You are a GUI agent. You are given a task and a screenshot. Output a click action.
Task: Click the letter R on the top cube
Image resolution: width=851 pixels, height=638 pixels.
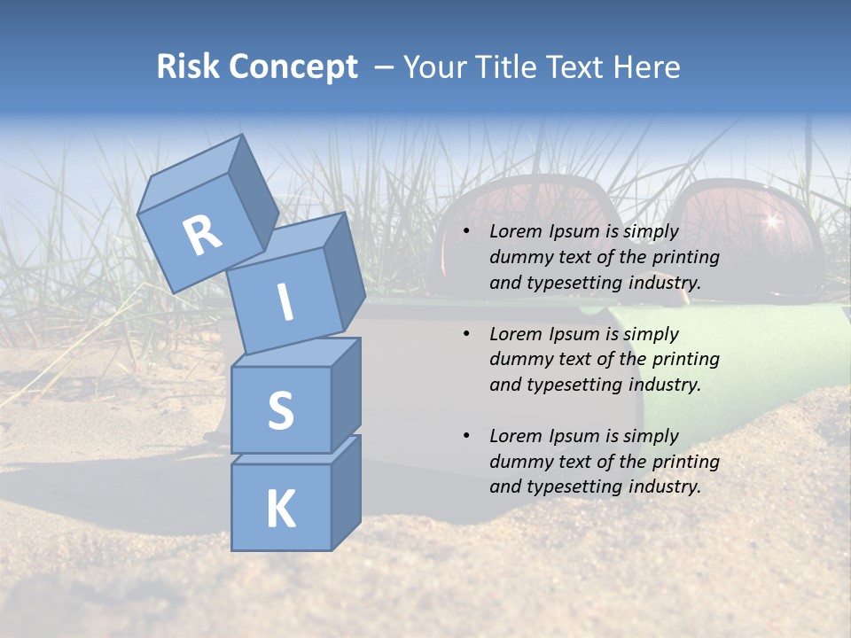click(202, 235)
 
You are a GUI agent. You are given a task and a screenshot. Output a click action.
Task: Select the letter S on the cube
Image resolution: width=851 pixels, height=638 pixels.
click(280, 409)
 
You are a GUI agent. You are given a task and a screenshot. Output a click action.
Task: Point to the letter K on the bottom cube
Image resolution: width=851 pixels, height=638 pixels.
click(280, 509)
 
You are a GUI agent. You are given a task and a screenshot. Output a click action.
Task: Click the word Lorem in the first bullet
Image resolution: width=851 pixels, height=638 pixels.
click(515, 231)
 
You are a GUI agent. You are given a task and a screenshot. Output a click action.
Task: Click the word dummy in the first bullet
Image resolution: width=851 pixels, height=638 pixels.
click(518, 257)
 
